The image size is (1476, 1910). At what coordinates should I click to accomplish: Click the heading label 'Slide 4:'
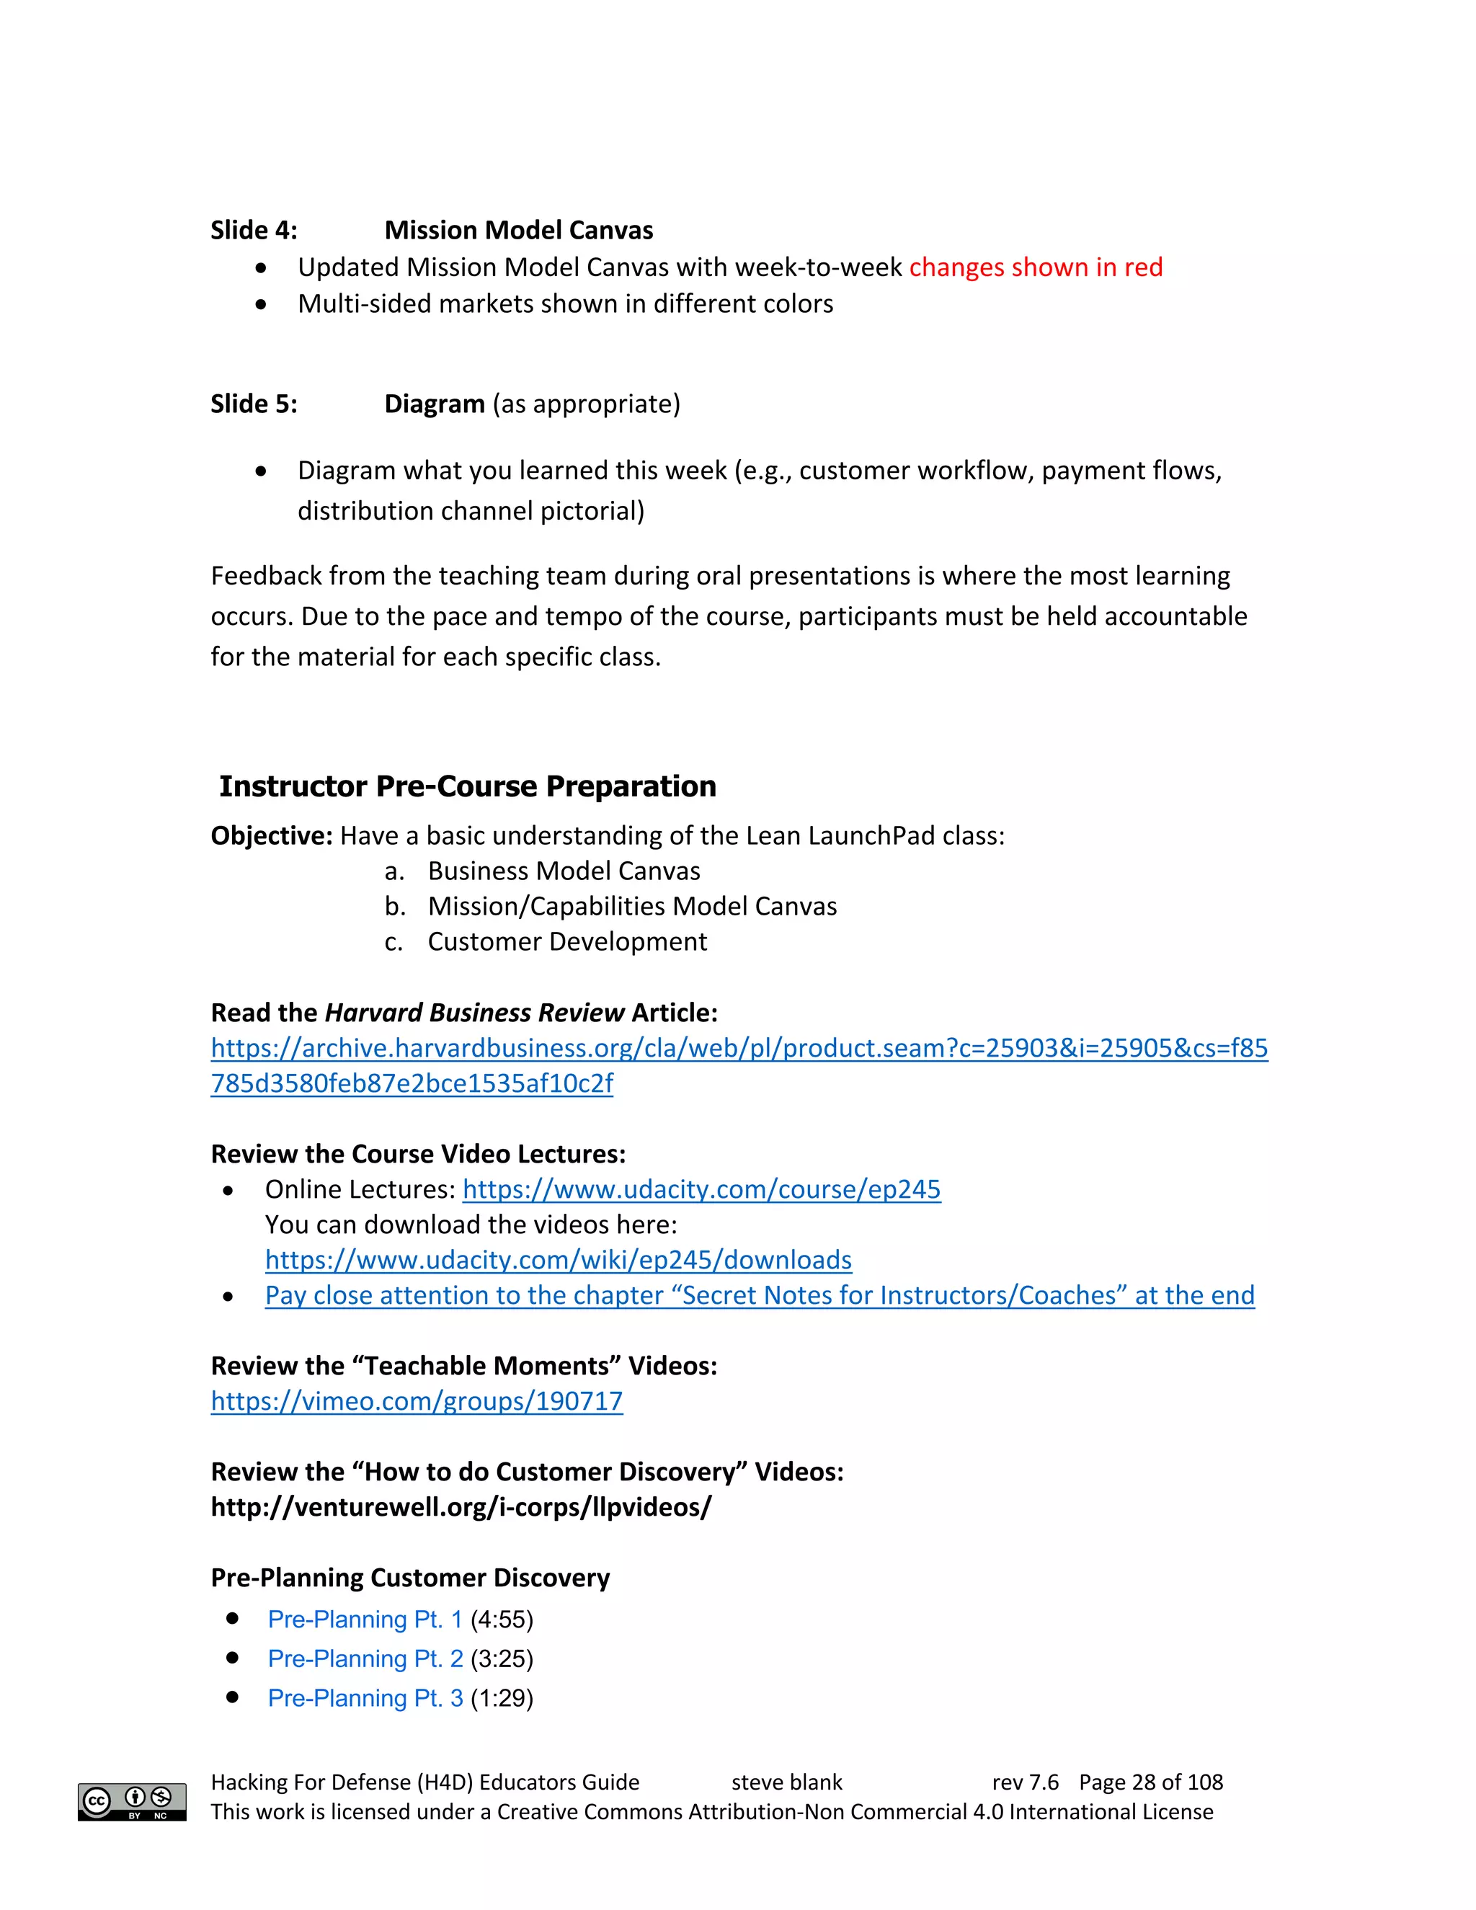click(254, 230)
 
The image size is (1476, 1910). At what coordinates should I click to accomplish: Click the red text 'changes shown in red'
click(1036, 267)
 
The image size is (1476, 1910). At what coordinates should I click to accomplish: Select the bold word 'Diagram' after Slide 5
click(435, 404)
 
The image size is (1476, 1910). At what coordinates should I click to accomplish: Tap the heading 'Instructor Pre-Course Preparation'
click(468, 786)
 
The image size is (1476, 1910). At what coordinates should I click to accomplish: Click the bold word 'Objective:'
click(271, 836)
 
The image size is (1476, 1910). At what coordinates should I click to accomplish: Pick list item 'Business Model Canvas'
click(564, 871)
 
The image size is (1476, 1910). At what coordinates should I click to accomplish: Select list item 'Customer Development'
click(566, 942)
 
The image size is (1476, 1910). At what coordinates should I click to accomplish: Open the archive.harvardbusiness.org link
click(739, 1048)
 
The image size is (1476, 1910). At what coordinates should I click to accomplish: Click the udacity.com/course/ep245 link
click(701, 1189)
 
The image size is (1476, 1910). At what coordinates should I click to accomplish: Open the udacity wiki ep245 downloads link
click(558, 1259)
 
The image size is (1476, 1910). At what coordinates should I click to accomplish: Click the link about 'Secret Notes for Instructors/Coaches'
click(759, 1295)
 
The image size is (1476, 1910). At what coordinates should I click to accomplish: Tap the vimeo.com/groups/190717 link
click(417, 1401)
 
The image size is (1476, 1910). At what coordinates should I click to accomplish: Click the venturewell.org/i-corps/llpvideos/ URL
click(461, 1507)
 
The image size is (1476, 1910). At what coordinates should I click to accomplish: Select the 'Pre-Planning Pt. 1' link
click(365, 1620)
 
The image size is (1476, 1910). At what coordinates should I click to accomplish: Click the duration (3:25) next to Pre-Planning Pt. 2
click(502, 1659)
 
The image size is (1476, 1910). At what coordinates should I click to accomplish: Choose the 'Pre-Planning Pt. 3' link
click(365, 1698)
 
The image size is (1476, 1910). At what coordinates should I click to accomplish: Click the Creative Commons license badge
click(132, 1802)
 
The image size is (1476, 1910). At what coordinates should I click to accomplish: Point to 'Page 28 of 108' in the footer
click(1151, 1782)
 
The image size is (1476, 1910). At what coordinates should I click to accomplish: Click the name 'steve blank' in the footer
click(786, 1782)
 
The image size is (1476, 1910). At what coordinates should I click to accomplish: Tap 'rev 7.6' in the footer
click(1025, 1782)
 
